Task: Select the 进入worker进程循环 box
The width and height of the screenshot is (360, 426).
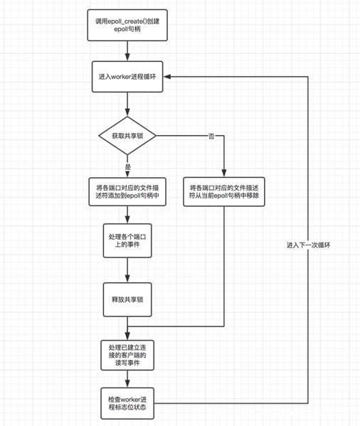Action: (x=128, y=77)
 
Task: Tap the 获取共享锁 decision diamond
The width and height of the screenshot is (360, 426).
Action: (x=128, y=135)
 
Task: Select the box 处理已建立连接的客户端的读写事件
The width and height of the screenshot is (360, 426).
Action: (x=128, y=353)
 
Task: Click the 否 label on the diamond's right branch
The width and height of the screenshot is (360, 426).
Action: (x=211, y=135)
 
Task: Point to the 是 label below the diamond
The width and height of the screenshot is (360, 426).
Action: (x=128, y=167)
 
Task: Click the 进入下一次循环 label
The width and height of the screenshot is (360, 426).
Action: (x=308, y=245)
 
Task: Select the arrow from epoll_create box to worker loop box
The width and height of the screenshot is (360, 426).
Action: (x=128, y=51)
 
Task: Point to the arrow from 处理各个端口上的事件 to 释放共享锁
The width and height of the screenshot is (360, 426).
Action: (x=128, y=270)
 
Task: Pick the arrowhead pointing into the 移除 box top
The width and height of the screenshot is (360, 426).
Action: (x=223, y=173)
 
